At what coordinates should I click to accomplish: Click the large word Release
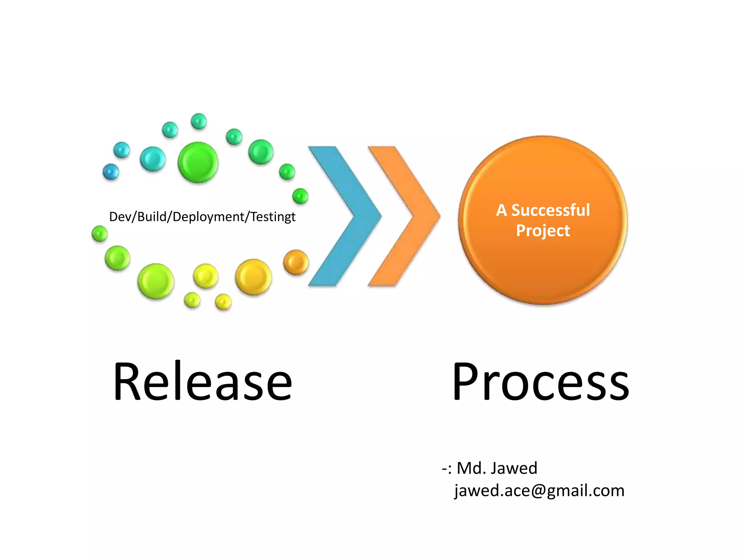pos(202,381)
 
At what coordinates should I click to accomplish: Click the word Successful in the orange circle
pos(550,210)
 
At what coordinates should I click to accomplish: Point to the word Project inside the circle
pos(543,231)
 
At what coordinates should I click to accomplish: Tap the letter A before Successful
pos(501,210)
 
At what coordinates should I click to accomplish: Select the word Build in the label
pos(152,217)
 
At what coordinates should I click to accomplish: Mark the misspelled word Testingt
pos(273,217)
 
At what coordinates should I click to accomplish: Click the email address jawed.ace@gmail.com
pos(539,491)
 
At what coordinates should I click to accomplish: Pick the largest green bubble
pos(198,162)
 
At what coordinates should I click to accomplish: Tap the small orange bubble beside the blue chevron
pos(296,262)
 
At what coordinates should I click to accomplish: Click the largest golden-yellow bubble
pos(253,277)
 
